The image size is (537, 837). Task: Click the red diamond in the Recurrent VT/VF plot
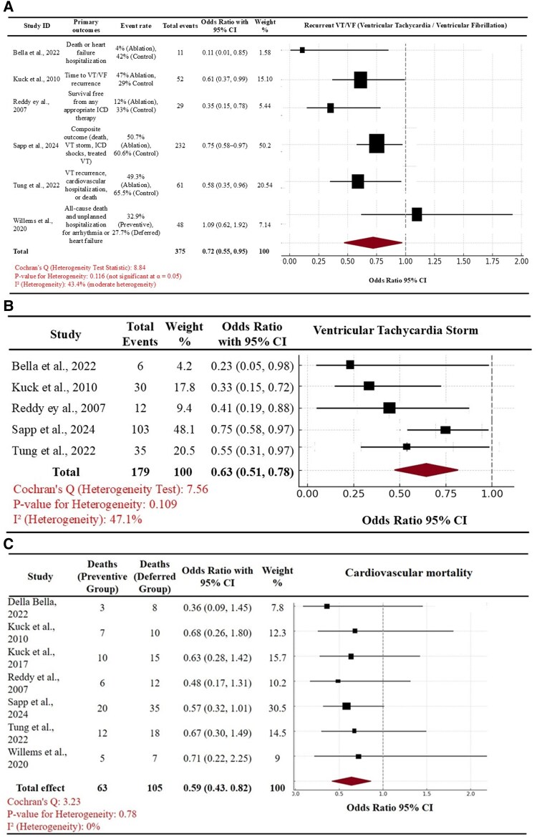[371, 244]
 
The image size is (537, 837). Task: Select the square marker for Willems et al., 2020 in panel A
[417, 214]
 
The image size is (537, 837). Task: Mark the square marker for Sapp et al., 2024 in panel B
[445, 430]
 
